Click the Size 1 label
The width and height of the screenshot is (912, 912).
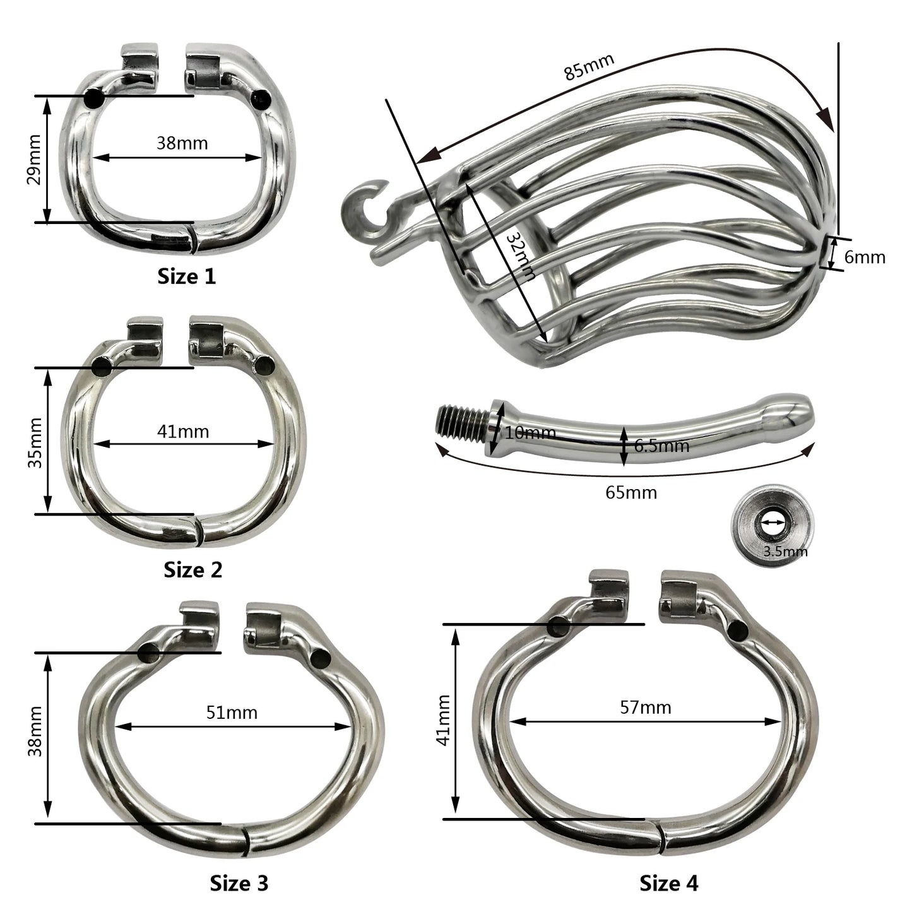coord(186,276)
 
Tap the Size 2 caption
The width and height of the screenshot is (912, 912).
coord(192,569)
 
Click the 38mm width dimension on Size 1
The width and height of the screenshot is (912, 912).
coord(182,143)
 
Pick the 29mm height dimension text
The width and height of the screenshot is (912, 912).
coord(35,159)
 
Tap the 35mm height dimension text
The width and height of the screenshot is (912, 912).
coord(35,443)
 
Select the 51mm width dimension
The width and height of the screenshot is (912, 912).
coord(232,713)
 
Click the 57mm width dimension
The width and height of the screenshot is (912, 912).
coord(646,708)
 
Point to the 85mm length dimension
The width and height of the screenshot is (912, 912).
coord(589,67)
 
